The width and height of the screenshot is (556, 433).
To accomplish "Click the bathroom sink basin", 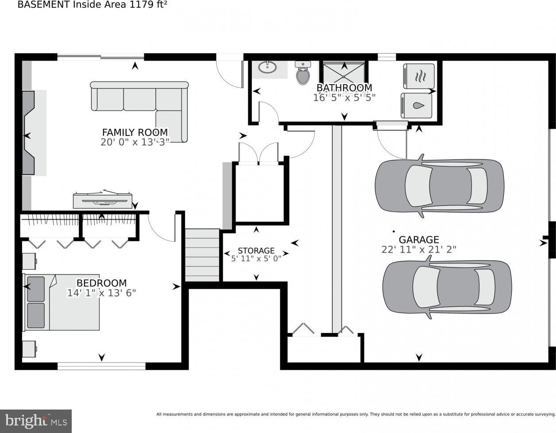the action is click(x=267, y=67).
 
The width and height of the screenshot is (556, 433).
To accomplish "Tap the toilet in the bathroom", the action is click(x=303, y=73).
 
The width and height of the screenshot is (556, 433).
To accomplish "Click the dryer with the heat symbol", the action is click(x=419, y=77).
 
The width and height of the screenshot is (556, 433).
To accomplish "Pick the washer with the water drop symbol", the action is click(x=416, y=106).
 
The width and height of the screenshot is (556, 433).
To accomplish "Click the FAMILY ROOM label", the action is click(x=135, y=132).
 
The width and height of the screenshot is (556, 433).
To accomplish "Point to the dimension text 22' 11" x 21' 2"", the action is click(x=419, y=250).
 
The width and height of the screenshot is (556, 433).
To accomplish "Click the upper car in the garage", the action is click(x=440, y=186).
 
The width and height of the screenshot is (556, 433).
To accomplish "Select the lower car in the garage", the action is click(x=447, y=287).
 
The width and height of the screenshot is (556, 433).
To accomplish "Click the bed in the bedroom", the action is click(x=62, y=302).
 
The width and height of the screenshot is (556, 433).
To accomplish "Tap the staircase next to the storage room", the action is click(x=202, y=255).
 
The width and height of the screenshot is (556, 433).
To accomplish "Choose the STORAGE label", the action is click(x=256, y=251).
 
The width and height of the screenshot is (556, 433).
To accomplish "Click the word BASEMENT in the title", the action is click(x=43, y=5).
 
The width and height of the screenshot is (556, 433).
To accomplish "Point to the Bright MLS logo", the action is click(x=36, y=421).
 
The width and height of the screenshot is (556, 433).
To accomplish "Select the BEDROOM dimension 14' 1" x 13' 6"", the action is click(x=101, y=293).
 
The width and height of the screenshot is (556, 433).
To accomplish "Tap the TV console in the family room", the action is click(x=103, y=200).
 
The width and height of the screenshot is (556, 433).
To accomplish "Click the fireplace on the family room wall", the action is click(x=28, y=133).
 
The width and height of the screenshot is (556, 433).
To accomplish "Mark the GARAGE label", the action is click(x=419, y=240).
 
